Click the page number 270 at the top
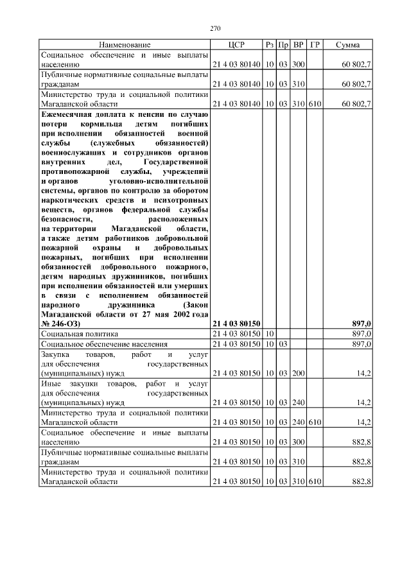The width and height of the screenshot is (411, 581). tap(215, 28)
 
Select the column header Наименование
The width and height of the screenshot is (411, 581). tap(125, 45)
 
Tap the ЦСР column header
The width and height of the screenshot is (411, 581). tap(237, 45)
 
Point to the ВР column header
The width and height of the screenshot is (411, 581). tap(298, 45)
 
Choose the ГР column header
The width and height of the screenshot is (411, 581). tap(315, 45)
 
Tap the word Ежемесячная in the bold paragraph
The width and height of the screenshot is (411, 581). tap(65, 113)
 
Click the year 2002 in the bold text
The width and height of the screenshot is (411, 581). tap(181, 315)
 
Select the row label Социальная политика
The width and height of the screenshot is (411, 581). tap(76, 334)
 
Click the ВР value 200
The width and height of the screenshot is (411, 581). tap(298, 373)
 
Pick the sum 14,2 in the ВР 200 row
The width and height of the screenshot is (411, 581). tap(364, 373)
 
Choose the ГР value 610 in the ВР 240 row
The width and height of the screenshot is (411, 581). tap(315, 422)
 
